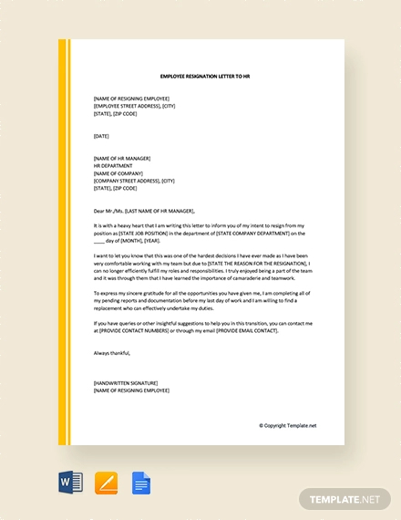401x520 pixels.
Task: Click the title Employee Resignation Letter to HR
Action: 204,77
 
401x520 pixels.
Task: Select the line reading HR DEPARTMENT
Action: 113,165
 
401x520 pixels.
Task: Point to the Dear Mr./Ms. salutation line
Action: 156,209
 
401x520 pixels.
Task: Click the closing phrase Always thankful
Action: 112,352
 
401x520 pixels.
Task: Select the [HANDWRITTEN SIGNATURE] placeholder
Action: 126,382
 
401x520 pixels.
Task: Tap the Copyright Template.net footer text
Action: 288,424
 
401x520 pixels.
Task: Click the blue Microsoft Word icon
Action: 69,483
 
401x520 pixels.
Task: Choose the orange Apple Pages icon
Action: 106,483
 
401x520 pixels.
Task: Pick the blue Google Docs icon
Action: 140,483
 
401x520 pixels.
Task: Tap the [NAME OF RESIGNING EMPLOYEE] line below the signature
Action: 131,390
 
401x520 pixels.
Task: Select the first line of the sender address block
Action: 131,98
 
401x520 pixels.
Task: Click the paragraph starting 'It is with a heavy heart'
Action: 200,234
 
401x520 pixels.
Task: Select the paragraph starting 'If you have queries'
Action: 200,327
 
